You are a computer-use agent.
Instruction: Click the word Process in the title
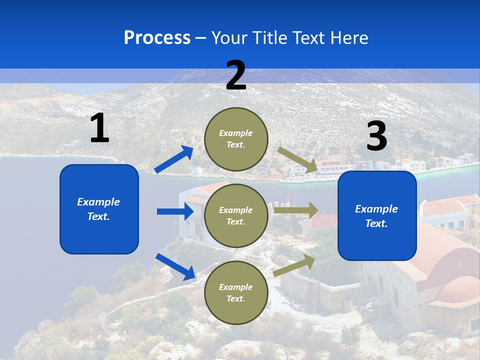157,38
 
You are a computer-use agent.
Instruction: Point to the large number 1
99,128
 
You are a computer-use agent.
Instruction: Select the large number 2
236,76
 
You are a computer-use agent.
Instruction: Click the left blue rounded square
99,209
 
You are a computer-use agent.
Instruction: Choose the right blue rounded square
377,215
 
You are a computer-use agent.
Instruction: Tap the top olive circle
236,139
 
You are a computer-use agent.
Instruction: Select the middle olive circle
236,215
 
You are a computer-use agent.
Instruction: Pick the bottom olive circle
236,292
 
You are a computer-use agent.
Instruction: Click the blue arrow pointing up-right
174,159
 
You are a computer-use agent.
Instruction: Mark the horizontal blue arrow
175,211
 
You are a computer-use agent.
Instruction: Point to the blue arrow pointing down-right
175,266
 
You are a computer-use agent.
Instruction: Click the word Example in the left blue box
98,202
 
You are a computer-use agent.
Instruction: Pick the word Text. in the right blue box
376,223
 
